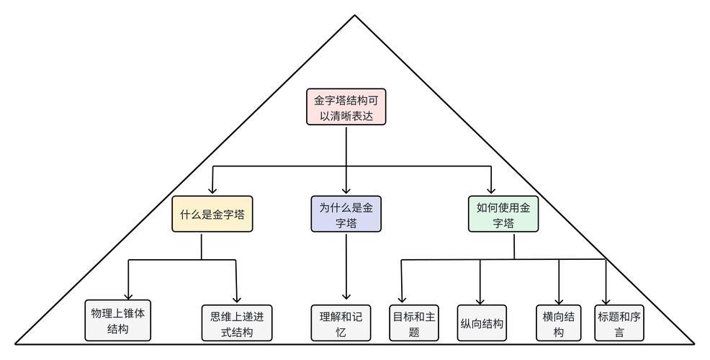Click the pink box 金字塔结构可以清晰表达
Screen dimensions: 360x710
point(346,107)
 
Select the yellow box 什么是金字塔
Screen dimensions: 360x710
point(212,214)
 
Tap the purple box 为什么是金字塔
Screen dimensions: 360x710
point(346,215)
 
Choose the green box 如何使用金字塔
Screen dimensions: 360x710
point(503,215)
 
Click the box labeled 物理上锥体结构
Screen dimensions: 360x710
point(118,320)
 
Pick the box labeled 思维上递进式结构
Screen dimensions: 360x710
point(237,323)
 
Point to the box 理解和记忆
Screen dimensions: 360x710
point(341,323)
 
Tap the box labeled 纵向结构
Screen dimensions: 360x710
point(481,323)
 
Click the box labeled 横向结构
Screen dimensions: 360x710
point(558,323)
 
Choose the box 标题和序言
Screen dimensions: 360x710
point(619,323)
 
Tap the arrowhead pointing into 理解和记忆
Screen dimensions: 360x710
point(346,296)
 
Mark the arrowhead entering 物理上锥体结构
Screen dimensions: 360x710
point(128,296)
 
